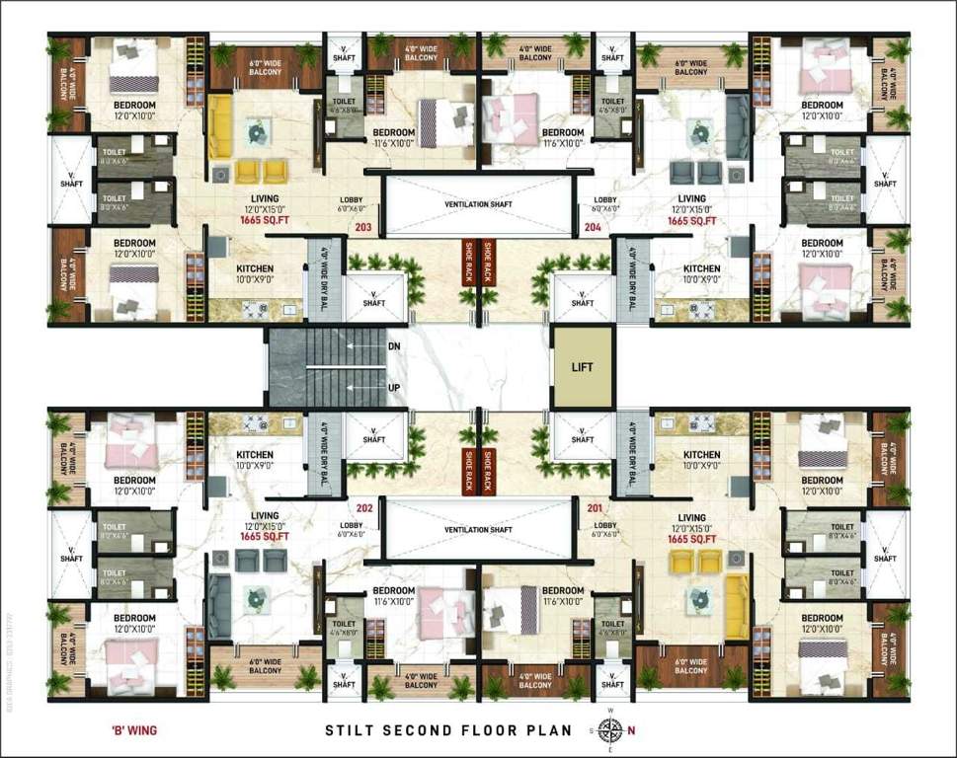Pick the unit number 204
593,226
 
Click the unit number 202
364,508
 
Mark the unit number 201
595,508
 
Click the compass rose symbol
611,730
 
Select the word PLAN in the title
549,731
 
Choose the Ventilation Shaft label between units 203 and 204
479,203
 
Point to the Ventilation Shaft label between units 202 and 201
479,530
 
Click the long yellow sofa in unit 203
219,125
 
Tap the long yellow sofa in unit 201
737,607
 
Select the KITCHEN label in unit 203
256,268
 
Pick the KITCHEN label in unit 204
702,268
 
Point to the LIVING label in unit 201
692,517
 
